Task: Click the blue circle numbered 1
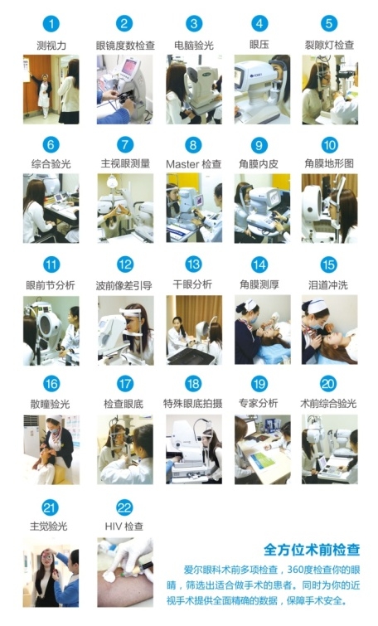point(51,24)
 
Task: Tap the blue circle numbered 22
point(124,507)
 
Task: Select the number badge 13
point(194,264)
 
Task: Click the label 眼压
point(259,44)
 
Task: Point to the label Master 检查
point(194,164)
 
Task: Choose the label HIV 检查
point(124,527)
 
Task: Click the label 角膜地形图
point(329,163)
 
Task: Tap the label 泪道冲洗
point(328,285)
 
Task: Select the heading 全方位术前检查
point(312,550)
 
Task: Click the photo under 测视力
point(51,90)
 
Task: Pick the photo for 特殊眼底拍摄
point(194,449)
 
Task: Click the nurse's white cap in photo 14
point(250,305)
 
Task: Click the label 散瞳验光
point(51,404)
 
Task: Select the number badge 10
point(329,145)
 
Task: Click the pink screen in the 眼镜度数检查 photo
point(129,67)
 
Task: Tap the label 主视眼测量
point(125,163)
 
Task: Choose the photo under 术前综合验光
point(330,449)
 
